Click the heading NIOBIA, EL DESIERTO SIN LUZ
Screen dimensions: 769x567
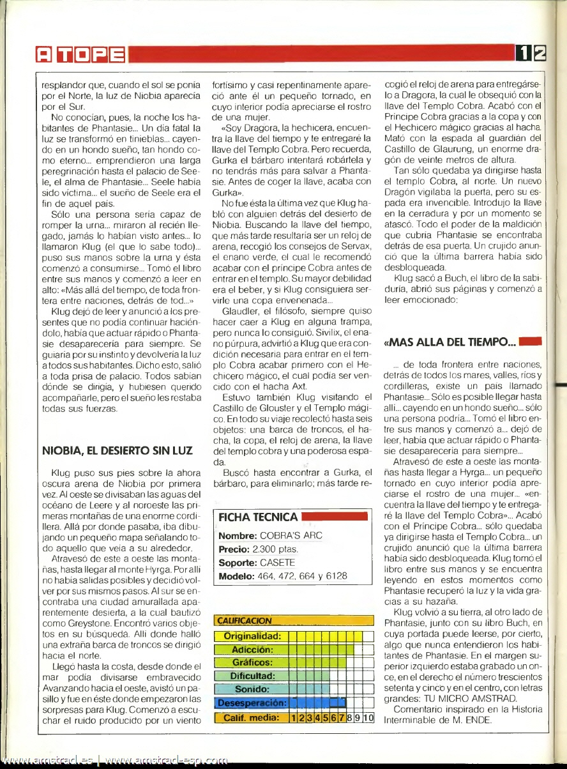pos(117,451)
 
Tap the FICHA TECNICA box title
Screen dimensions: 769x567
pos(258,517)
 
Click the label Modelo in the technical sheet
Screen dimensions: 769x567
pos(237,576)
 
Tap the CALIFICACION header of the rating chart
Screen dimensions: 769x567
pos(245,621)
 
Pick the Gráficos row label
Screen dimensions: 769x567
pos(253,663)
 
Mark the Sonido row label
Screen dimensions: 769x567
pos(252,690)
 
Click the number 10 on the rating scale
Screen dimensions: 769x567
pos(368,717)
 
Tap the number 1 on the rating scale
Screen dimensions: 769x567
pos(294,717)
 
